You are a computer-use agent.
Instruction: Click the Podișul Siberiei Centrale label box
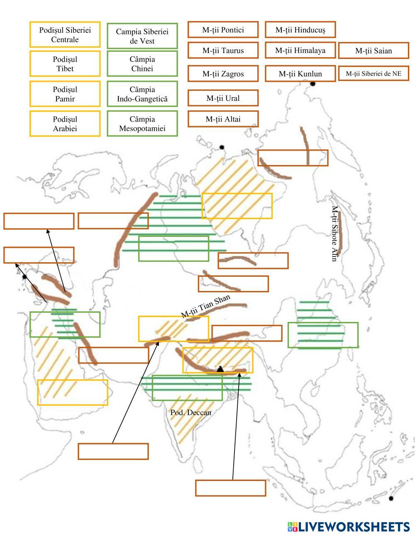tap(65, 35)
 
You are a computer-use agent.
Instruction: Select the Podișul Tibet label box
tap(65, 64)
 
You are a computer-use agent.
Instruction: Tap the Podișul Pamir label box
tap(65, 94)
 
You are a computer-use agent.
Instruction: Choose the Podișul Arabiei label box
tap(65, 124)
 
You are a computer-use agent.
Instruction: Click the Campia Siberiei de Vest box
tap(142, 36)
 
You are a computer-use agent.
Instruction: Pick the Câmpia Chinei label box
tap(142, 64)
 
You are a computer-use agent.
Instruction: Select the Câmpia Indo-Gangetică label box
tap(142, 94)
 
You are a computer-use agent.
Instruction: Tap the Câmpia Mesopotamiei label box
tap(142, 124)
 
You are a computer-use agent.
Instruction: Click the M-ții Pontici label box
tap(223, 30)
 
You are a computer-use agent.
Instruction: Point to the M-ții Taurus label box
tap(223, 51)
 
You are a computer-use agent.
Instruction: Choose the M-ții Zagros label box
tap(223, 74)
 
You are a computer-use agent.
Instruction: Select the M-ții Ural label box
tap(223, 98)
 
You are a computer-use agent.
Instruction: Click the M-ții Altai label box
tap(223, 119)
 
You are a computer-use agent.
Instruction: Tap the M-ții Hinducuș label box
tap(300, 30)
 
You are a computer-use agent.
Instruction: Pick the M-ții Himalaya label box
tap(300, 51)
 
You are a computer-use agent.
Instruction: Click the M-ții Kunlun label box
tap(300, 74)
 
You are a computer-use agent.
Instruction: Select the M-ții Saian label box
tap(373, 51)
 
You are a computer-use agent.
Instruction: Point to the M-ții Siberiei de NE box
tap(373, 74)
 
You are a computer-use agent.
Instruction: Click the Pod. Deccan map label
tap(190, 413)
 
